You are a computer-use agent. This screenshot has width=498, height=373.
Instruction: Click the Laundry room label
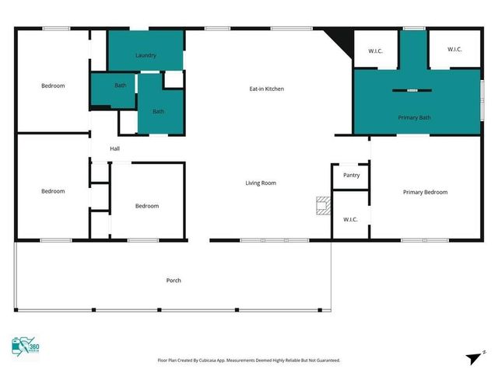tap(146, 55)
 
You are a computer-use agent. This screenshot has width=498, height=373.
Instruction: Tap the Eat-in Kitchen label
tap(266, 89)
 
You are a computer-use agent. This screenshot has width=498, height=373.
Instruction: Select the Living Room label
tap(261, 183)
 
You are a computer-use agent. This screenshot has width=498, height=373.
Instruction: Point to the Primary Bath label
tap(414, 117)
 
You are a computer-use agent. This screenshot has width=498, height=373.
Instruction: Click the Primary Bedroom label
tap(425, 192)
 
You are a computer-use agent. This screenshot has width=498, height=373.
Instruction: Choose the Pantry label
tap(351, 175)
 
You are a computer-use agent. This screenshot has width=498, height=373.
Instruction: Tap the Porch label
tap(174, 280)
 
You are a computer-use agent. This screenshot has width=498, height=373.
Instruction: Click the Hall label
tap(114, 148)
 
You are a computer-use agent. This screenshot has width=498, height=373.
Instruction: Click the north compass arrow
tap(475, 357)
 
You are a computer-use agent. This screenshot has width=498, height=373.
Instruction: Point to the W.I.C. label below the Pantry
tap(350, 219)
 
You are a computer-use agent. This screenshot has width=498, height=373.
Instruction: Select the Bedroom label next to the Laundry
tap(53, 85)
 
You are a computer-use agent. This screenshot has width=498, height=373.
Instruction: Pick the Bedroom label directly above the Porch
tap(147, 206)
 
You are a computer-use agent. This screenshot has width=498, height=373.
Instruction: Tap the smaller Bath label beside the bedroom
tap(121, 85)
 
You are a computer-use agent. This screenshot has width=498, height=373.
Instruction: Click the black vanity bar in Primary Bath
tap(411, 91)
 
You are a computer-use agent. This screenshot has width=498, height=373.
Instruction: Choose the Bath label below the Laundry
tap(158, 111)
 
